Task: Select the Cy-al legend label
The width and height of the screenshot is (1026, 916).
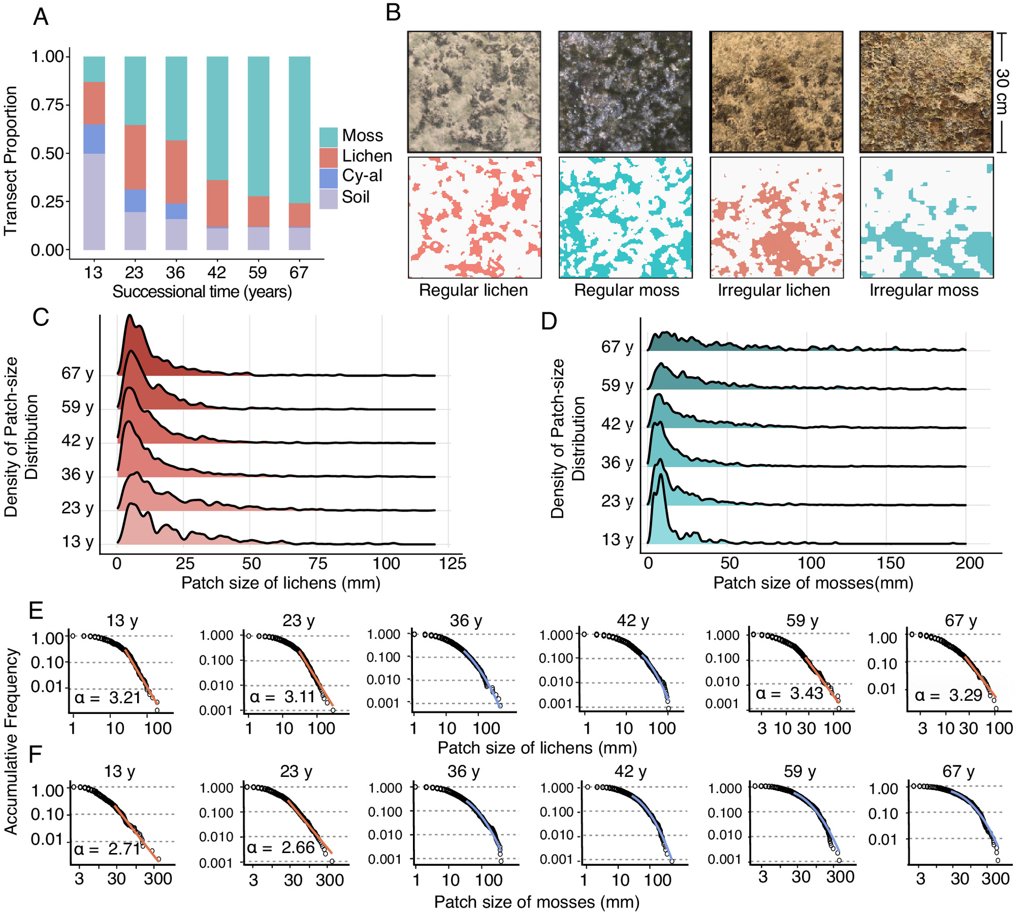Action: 362,176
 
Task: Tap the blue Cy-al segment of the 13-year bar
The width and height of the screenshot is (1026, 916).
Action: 94,139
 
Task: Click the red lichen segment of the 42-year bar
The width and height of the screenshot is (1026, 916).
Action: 217,204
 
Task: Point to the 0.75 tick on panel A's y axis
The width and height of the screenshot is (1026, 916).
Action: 47,105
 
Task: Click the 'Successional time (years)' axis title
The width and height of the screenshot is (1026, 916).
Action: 202,292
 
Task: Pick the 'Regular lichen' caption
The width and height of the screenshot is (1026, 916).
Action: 473,290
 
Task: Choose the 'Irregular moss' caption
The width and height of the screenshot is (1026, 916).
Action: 923,290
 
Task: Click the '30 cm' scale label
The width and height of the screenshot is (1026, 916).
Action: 1002,91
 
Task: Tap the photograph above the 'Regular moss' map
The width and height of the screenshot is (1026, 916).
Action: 625,91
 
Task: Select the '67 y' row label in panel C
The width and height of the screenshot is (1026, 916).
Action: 77,374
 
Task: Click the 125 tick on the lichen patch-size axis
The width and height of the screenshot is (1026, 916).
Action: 452,564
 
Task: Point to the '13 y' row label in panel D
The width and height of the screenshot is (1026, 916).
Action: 617,540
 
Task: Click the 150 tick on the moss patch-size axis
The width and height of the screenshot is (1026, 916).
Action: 890,564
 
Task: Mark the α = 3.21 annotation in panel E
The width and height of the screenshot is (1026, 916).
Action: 107,698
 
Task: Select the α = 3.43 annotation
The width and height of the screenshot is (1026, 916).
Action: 789,694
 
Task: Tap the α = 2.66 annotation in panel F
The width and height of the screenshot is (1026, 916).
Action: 280,847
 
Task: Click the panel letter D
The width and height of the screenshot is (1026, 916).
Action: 549,321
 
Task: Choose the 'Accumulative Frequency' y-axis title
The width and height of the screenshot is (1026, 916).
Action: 11,741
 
